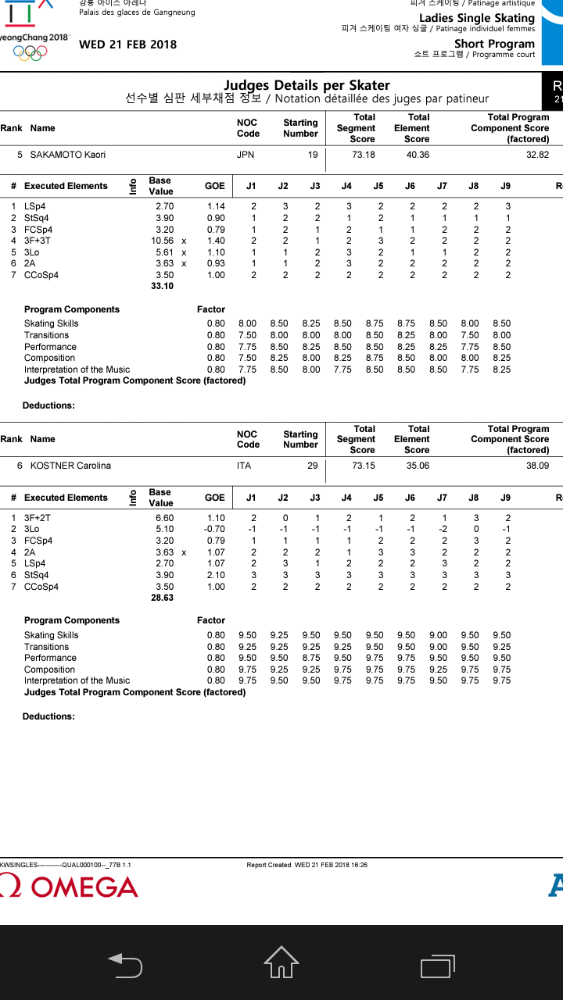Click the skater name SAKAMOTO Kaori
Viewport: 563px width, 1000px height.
pos(67,155)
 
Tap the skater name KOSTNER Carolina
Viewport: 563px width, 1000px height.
pos(70,466)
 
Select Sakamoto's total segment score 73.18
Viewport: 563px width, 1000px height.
pos(364,155)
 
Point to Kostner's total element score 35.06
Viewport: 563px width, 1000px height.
pos(418,466)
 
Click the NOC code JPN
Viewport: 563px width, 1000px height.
pos(246,155)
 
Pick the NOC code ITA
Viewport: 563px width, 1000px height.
pos(244,466)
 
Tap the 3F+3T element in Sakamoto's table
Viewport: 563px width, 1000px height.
pos(38,241)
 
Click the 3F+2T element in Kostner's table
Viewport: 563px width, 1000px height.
pos(38,518)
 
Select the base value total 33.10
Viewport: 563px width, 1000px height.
pos(162,287)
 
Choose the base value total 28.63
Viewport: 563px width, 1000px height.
pos(162,598)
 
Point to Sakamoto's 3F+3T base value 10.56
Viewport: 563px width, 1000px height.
pos(162,241)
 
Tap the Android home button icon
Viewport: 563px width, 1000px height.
pos(281,962)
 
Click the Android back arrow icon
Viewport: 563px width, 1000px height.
pos(125,965)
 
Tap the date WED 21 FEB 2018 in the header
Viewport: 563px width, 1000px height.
pos(127,45)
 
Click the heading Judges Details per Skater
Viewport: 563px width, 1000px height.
pos(307,85)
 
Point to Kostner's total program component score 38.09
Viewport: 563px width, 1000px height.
pos(537,466)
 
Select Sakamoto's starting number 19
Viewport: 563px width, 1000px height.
pos(312,155)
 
